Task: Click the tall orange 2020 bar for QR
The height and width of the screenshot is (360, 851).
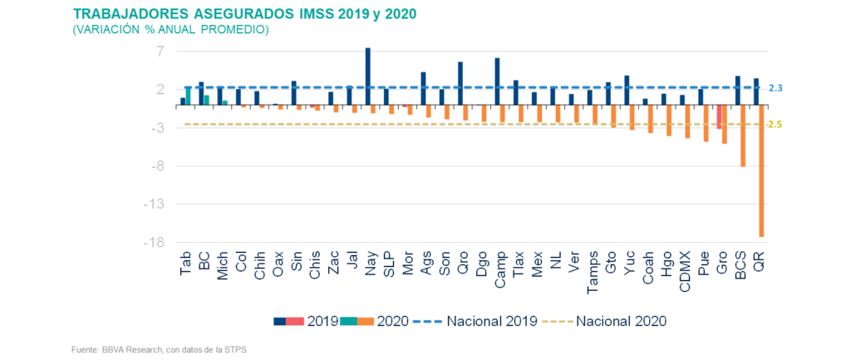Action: click(761, 171)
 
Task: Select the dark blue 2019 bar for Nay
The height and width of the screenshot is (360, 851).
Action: click(367, 76)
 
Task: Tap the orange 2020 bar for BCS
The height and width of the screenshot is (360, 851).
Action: click(743, 136)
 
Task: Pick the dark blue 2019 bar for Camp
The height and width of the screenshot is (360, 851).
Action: click(497, 81)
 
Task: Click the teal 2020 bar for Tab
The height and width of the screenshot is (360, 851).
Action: click(189, 96)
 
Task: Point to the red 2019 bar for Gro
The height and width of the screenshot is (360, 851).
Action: click(719, 116)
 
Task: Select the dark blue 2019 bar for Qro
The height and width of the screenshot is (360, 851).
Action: click(460, 84)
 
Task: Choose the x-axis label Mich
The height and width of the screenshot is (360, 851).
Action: click(222, 265)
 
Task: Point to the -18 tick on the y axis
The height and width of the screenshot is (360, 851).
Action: click(154, 243)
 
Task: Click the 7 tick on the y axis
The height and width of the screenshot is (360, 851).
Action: click(160, 52)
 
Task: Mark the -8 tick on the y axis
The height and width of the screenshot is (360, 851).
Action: click(157, 166)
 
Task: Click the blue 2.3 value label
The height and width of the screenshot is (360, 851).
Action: click(775, 88)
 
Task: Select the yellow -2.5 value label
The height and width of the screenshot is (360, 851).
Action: click(774, 125)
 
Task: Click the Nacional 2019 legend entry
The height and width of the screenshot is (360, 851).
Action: click(475, 321)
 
